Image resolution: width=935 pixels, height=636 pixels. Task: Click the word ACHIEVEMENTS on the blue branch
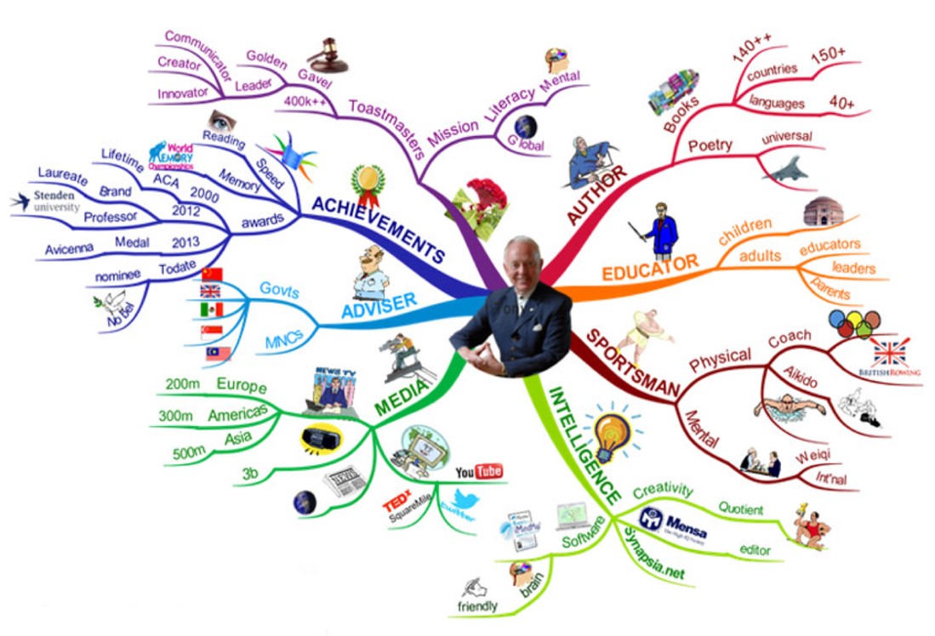379,229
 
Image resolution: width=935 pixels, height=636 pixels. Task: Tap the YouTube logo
479,471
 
